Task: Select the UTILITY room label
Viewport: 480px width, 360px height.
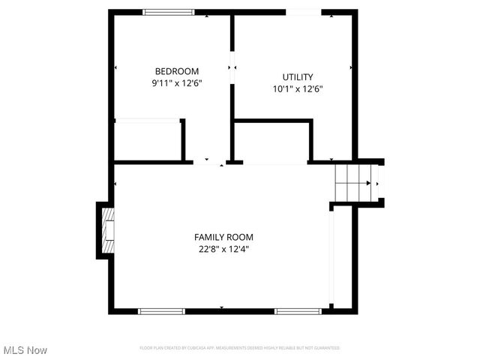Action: (298, 76)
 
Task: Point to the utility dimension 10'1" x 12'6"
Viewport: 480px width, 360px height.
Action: (298, 88)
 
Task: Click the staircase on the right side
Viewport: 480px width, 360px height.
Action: (353, 182)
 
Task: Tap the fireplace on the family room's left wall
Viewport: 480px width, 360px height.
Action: (106, 230)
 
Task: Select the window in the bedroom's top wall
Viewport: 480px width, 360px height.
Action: (168, 12)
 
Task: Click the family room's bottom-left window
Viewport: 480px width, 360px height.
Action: (161, 310)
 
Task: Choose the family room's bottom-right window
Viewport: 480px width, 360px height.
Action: (298, 310)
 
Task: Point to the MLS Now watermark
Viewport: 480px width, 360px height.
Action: (25, 350)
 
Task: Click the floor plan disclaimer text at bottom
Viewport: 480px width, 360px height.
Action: (240, 348)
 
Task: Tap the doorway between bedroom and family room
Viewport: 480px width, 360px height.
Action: (209, 161)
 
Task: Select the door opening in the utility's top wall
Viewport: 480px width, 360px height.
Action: (304, 12)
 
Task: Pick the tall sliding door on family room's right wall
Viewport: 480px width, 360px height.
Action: (331, 258)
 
